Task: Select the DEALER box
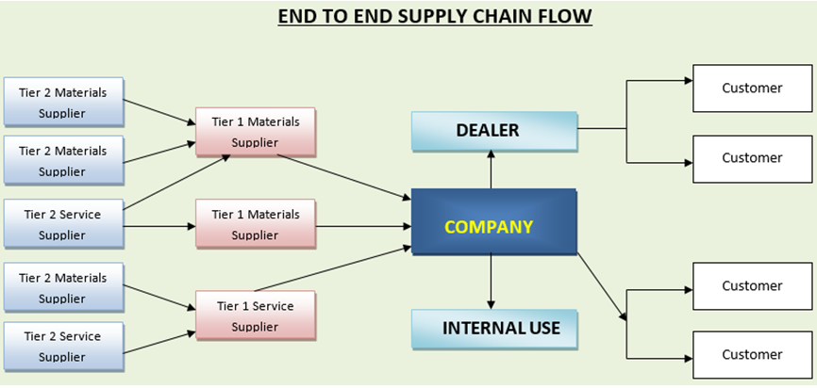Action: coord(493,131)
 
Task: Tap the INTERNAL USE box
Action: coord(493,329)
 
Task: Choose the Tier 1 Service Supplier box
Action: coord(255,315)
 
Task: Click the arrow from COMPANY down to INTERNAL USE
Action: coord(491,282)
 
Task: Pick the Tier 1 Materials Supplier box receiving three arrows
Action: coord(255,132)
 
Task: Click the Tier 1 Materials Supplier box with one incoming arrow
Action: coord(255,224)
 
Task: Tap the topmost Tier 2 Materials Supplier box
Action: coord(62,103)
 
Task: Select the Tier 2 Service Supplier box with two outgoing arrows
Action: coord(62,224)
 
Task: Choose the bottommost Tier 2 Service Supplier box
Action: coord(62,346)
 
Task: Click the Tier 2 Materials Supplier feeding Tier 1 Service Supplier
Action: coord(62,287)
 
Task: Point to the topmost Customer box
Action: coord(752,89)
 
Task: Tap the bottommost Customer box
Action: coord(752,354)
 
